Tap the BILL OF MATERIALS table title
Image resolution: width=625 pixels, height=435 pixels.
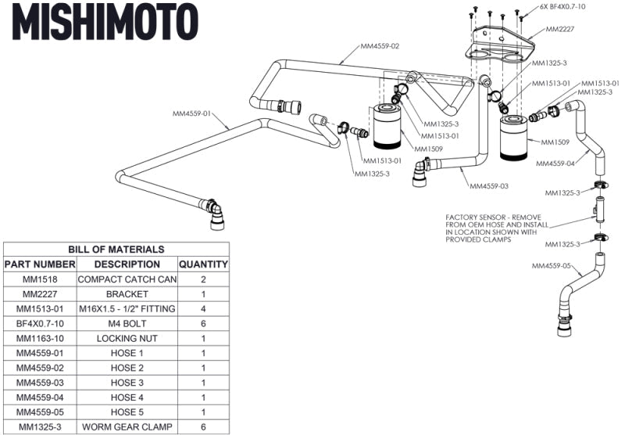pyautogui.click(x=116, y=249)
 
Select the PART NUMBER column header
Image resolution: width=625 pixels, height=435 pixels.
pyautogui.click(x=39, y=264)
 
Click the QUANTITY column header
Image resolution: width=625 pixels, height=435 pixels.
pyautogui.click(x=203, y=264)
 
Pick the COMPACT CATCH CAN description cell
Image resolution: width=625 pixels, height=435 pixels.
pyautogui.click(x=127, y=279)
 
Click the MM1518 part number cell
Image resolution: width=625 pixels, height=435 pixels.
pyautogui.click(x=39, y=279)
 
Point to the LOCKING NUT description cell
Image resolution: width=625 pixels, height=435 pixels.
pyautogui.click(x=127, y=338)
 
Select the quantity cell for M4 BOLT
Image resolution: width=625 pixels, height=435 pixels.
pyautogui.click(x=203, y=323)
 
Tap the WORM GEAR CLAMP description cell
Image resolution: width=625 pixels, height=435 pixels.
pyautogui.click(x=127, y=426)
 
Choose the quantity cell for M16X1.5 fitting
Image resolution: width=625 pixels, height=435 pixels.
pyautogui.click(x=203, y=308)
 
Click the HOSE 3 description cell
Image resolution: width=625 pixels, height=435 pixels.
pyautogui.click(x=127, y=383)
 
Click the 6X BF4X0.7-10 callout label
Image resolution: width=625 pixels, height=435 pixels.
pyautogui.click(x=563, y=7)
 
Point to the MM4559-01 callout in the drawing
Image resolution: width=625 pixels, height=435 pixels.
pyautogui.click(x=192, y=113)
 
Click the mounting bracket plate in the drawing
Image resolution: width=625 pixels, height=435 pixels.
pyautogui.click(x=500, y=47)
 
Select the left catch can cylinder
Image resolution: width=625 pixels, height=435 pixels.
pyautogui.click(x=384, y=130)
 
